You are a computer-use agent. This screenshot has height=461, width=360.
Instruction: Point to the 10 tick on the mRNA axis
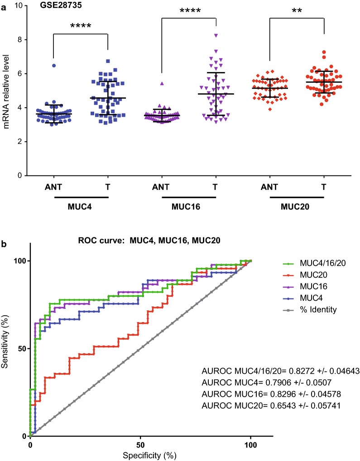pyautogui.click(x=19, y=5)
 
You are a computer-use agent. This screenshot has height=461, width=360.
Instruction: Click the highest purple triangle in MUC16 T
pyautogui.click(x=216, y=35)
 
